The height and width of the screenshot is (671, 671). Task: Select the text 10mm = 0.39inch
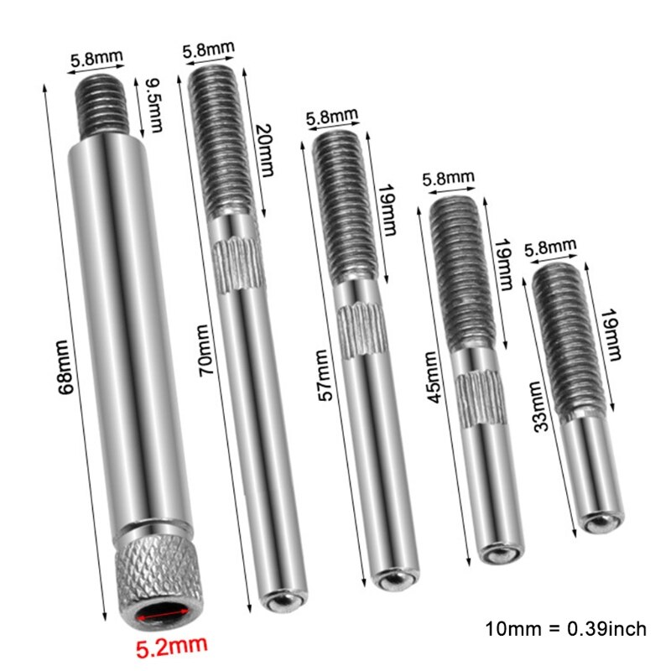click(565, 628)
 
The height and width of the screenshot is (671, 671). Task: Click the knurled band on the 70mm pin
click(239, 264)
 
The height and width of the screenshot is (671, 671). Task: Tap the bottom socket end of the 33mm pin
click(597, 522)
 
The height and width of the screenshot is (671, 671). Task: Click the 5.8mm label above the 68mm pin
click(96, 60)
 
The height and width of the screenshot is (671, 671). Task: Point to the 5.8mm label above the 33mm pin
click(550, 247)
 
